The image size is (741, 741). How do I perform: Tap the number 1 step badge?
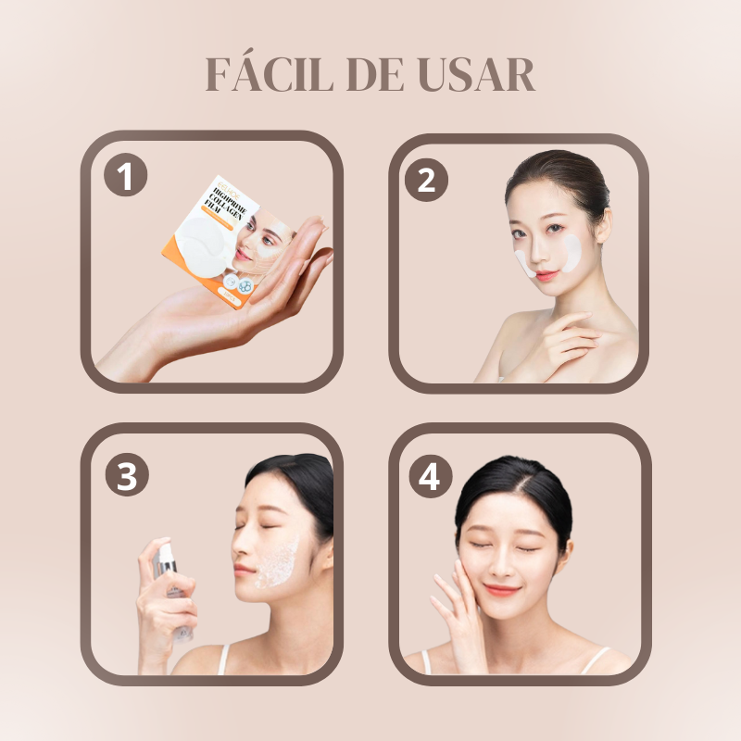click(125, 175)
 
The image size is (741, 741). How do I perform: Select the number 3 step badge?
click(126, 477)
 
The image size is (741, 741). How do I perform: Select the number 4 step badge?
click(429, 477)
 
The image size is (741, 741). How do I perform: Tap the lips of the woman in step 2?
click(546, 275)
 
